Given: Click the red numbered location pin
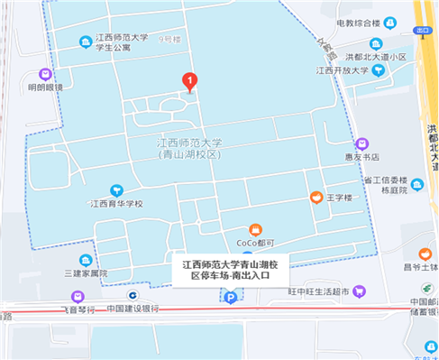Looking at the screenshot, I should [x=189, y=81].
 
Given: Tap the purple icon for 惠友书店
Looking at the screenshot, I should [x=362, y=143].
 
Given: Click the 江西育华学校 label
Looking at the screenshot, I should [x=116, y=204].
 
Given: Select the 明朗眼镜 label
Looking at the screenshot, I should [x=46, y=88].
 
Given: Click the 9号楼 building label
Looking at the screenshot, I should [x=169, y=41].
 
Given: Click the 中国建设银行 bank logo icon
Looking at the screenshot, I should [x=132, y=294].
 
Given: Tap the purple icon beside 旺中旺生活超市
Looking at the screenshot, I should [x=361, y=291].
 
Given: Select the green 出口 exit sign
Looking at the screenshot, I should [x=422, y=31].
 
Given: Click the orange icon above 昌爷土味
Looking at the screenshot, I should [x=425, y=254].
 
